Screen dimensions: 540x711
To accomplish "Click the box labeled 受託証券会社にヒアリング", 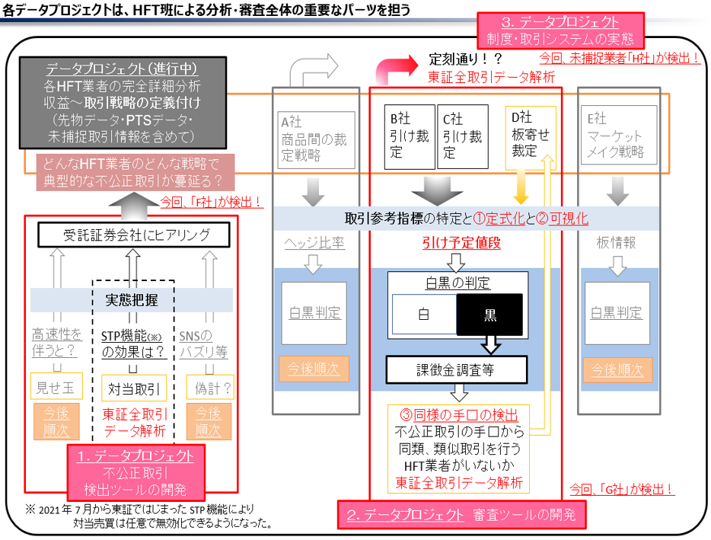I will click(x=135, y=234).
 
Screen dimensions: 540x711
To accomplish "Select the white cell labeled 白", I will click(x=423, y=315).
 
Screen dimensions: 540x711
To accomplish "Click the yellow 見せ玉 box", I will click(x=56, y=387).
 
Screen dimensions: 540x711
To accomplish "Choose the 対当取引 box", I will click(x=133, y=388).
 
